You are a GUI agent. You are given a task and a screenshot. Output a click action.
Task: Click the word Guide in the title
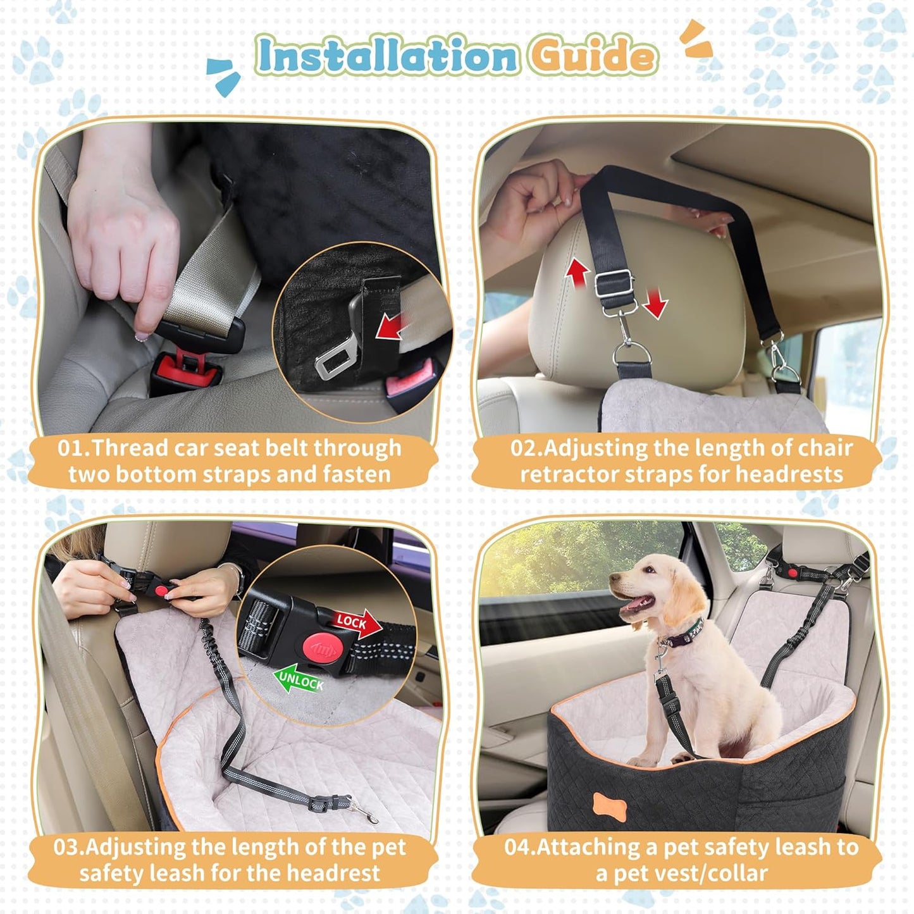[591, 56]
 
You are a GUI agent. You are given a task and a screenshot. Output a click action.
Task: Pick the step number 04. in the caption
[519, 847]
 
